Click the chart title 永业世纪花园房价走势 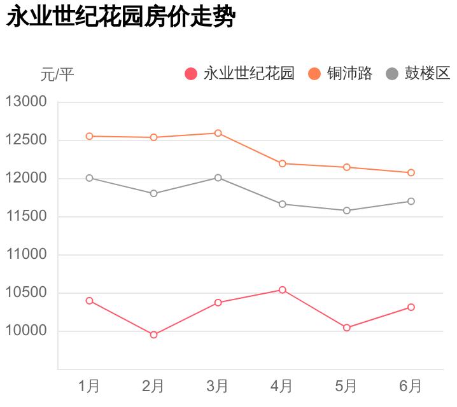(121, 18)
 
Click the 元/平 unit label (57, 74)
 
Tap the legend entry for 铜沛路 (341, 74)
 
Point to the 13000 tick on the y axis (26, 102)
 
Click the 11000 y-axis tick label (26, 254)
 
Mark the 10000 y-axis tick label (26, 331)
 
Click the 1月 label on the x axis (89, 385)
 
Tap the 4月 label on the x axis (282, 385)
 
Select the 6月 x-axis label (411, 385)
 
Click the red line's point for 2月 (153, 335)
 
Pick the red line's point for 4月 (282, 290)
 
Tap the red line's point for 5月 (346, 328)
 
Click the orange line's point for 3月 (218, 133)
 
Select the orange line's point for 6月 (411, 172)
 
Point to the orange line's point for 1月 (89, 136)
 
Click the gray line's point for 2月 (153, 193)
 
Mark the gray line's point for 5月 (346, 210)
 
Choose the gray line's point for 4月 (282, 204)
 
